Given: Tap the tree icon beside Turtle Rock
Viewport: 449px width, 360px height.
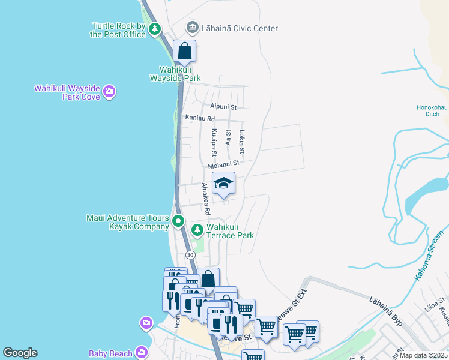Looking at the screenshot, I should pos(155,29).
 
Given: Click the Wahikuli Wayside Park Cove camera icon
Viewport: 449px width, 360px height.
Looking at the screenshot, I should pos(109,92).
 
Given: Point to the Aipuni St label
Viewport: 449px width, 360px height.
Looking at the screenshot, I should pos(223,107).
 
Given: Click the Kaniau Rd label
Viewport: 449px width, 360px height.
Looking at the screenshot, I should pos(200,119).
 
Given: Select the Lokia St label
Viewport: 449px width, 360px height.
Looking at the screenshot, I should pos(242,142).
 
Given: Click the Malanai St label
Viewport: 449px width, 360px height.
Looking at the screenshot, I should pos(224,163).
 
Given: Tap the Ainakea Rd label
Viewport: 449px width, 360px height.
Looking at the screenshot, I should pos(205,199).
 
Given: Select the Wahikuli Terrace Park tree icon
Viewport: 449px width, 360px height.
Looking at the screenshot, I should pos(197,230).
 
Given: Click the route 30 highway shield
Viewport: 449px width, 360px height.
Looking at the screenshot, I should pos(190,255).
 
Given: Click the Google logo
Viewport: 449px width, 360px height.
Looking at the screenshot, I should pos(20,353).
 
